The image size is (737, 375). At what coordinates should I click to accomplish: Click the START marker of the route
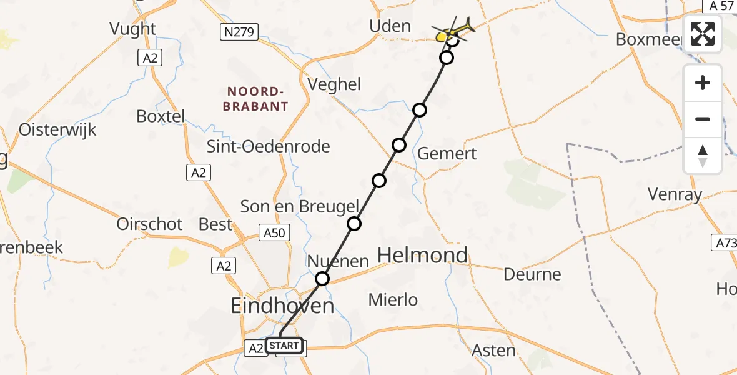coord(285,346)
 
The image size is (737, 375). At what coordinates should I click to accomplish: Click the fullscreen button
coord(703,34)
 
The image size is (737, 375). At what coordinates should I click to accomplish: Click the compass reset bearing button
coord(703,156)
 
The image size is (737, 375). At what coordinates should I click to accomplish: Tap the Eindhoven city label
coord(282,306)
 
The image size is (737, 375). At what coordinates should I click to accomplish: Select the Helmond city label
coord(423,255)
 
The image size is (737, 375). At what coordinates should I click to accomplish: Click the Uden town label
coord(390,26)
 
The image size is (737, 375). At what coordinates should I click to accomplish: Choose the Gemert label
coord(447,153)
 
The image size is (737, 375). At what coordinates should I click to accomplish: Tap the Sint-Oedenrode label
coord(269,147)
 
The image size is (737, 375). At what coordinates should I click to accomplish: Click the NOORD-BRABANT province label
coord(256,99)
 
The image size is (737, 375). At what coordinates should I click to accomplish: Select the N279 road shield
coord(239,32)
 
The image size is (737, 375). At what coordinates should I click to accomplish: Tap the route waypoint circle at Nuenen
coord(322,279)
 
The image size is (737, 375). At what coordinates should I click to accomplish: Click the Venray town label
coord(675,194)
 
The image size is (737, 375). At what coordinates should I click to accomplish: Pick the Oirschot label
coord(149,224)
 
